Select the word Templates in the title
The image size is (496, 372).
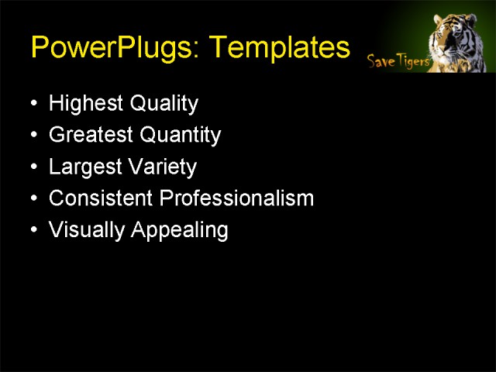[280, 49]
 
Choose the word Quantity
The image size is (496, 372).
[180, 136]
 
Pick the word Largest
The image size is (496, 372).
[82, 167]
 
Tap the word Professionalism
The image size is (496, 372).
[236, 198]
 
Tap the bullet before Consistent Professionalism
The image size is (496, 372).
[32, 199]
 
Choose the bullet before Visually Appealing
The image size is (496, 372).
[32, 231]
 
